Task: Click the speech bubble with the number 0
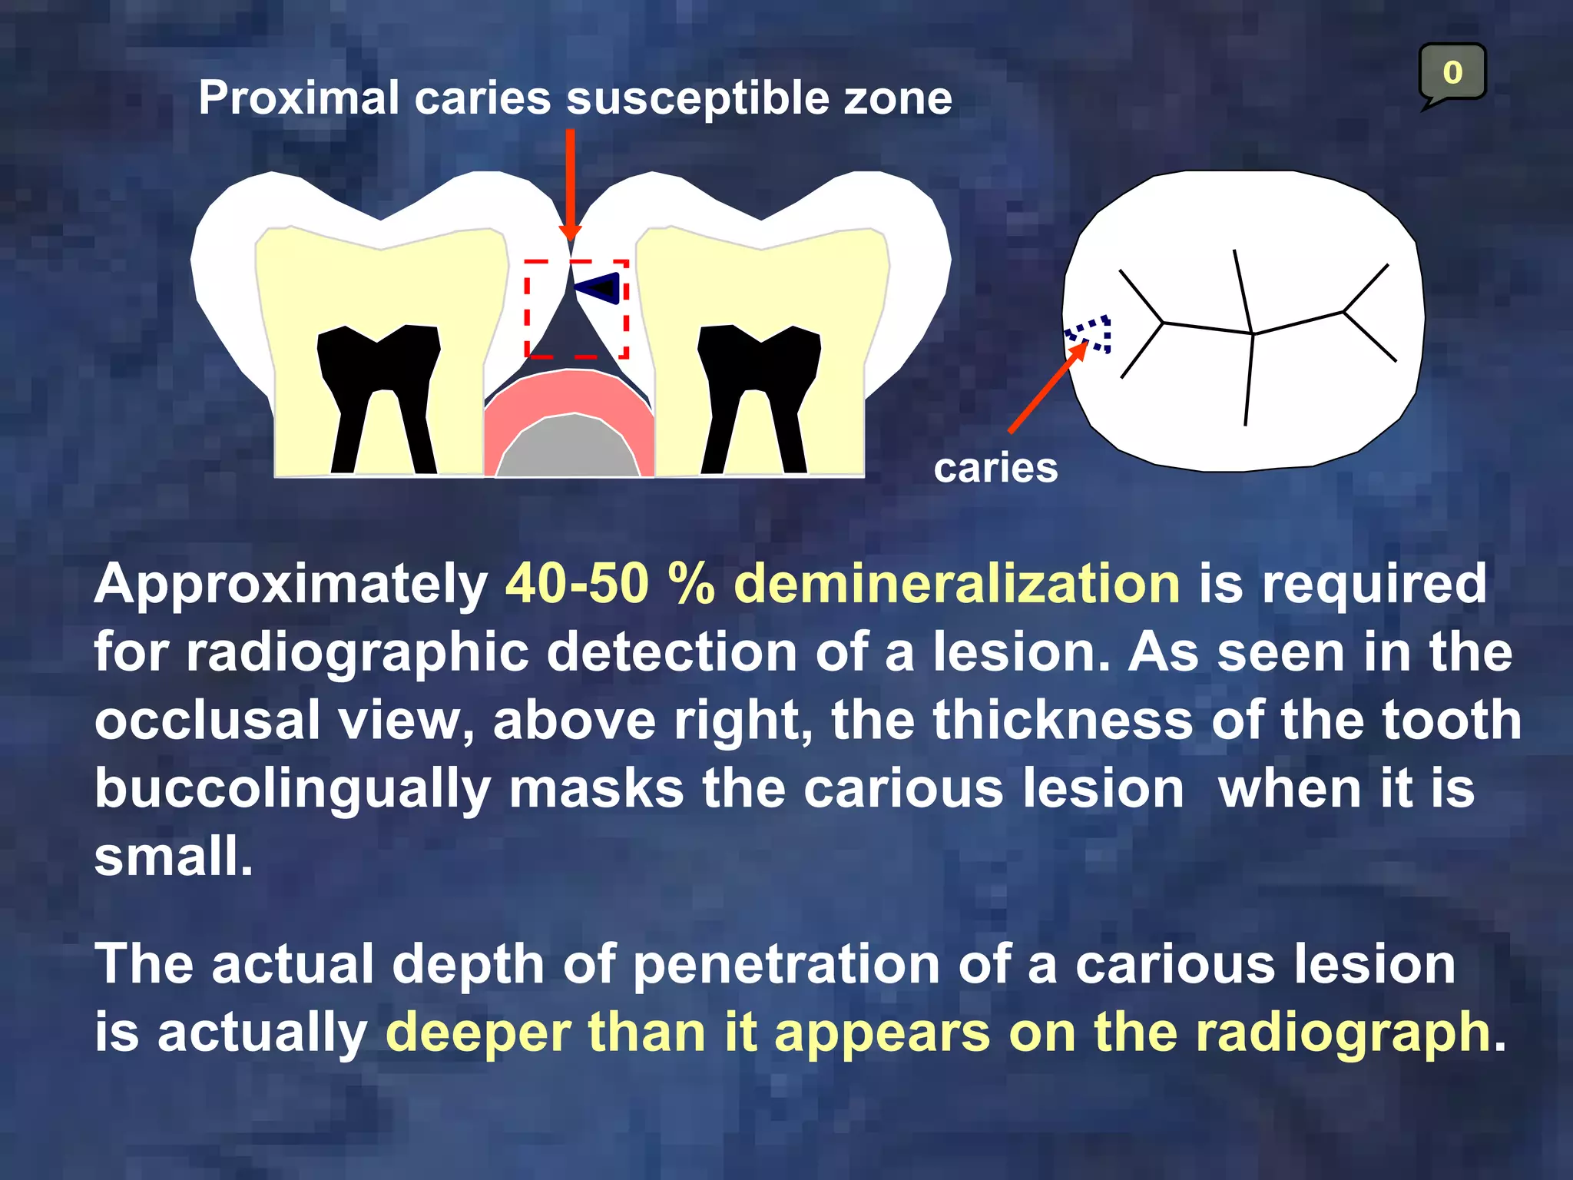(x=1452, y=73)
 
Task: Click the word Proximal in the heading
(x=299, y=98)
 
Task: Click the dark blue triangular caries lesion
(x=601, y=287)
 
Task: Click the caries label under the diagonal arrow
(x=995, y=468)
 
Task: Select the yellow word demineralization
(x=957, y=584)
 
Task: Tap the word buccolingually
(x=292, y=790)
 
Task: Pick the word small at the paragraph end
(x=173, y=857)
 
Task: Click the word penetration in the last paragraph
(x=786, y=964)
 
